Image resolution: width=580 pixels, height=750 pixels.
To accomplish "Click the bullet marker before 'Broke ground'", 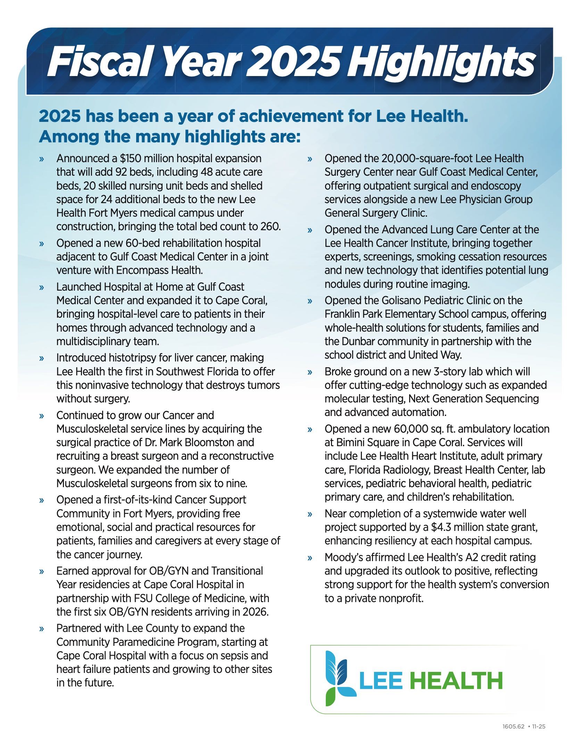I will [310, 373].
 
